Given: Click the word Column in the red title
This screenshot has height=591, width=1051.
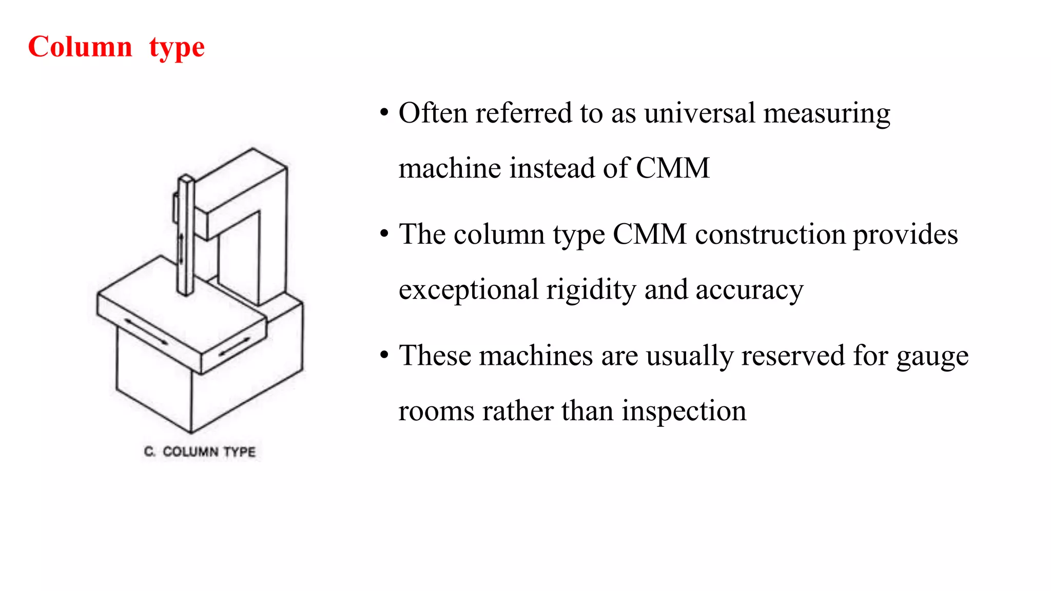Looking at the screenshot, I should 80,47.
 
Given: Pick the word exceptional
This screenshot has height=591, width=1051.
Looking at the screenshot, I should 468,290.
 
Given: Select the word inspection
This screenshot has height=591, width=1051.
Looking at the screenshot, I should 684,411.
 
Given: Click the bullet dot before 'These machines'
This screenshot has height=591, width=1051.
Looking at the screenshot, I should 384,355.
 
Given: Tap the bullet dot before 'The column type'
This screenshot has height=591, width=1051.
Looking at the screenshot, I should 384,234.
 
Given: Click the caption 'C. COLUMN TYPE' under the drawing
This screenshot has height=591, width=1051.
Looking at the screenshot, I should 200,452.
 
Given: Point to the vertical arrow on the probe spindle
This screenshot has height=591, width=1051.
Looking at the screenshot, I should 181,249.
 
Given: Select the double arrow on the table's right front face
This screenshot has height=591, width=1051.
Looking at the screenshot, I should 235,347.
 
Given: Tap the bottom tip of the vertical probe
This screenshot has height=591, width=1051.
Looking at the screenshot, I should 185,294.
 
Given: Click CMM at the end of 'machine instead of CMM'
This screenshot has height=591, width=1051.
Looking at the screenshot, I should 672,168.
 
